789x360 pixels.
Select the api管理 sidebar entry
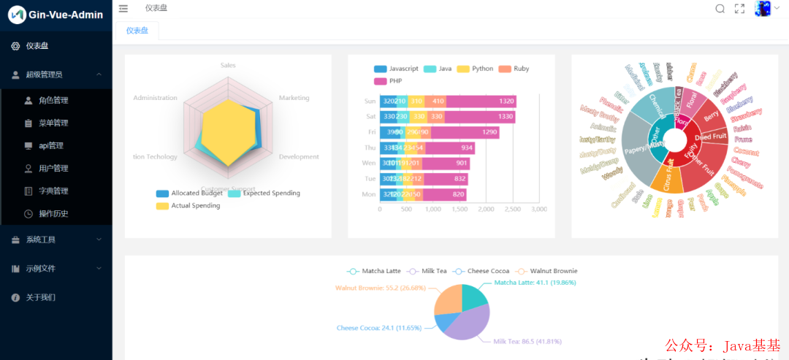(x=50, y=145)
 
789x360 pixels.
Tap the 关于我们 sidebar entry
(x=40, y=297)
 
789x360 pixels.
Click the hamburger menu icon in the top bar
(x=123, y=9)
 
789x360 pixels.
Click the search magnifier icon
(x=720, y=9)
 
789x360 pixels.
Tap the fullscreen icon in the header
(x=739, y=9)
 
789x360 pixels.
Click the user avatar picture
(x=763, y=9)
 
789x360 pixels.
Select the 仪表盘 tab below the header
(x=137, y=31)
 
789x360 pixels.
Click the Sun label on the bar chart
(x=370, y=101)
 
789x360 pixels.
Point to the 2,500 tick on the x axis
(x=513, y=210)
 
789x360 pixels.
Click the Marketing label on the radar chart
(x=294, y=98)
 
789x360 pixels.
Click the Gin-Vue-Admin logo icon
(x=16, y=15)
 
